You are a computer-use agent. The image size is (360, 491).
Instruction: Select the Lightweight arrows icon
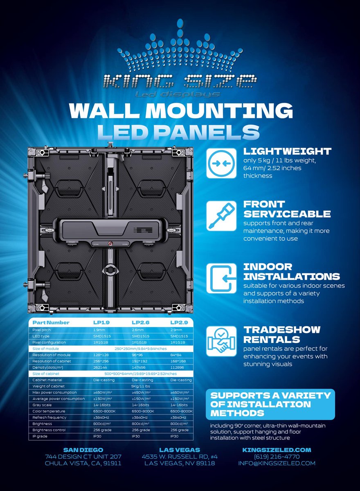221,163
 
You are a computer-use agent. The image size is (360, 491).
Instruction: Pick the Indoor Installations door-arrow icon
221,278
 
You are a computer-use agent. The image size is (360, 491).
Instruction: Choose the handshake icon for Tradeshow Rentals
221,341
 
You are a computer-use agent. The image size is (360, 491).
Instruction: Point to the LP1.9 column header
101,322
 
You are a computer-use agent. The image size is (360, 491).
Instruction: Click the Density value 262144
100,367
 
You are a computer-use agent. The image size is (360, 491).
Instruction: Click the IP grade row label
40,436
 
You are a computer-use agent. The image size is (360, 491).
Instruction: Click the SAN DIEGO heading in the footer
83,450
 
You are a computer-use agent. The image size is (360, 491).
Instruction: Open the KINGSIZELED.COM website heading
277,450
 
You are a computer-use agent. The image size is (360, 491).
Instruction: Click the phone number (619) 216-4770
277,456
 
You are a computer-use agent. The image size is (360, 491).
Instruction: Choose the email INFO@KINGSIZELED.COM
277,463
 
